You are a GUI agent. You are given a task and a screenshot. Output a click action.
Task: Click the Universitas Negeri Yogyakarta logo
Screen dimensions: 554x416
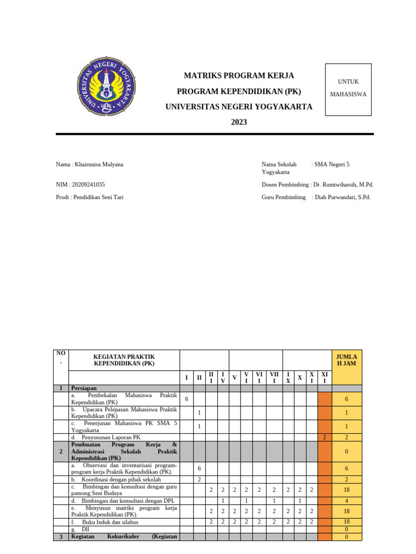pos(106,87)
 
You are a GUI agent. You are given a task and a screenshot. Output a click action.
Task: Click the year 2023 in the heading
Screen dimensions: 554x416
pos(239,122)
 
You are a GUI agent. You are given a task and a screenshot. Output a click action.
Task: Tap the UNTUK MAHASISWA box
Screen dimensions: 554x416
pos(348,89)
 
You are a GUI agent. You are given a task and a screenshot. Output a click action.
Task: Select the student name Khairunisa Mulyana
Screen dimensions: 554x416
pos(100,164)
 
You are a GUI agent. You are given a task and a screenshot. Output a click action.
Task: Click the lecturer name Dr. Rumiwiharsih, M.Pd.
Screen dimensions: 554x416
pos(343,184)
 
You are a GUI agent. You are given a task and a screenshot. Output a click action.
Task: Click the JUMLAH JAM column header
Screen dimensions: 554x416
pos(346,360)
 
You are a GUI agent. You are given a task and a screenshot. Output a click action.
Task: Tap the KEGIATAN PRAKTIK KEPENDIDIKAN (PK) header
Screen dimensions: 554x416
pos(124,360)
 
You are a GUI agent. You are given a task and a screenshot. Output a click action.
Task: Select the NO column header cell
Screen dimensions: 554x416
pos(61,358)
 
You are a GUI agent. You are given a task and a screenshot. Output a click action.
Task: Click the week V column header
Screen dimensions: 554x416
pos(235,378)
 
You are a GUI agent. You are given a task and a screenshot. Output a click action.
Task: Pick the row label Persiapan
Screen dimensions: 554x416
pos(83,388)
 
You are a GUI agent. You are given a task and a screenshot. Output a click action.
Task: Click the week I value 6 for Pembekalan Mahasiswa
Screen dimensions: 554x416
pos(186,399)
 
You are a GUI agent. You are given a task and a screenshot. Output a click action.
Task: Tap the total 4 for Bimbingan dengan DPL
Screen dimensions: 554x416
pos(346,501)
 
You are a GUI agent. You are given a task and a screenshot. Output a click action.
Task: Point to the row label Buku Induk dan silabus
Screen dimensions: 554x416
pos(110,522)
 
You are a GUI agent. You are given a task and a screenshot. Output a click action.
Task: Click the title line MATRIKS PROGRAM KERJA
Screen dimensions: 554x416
pos(239,76)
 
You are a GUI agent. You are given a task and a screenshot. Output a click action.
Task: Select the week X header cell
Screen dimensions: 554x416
pos(300,378)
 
